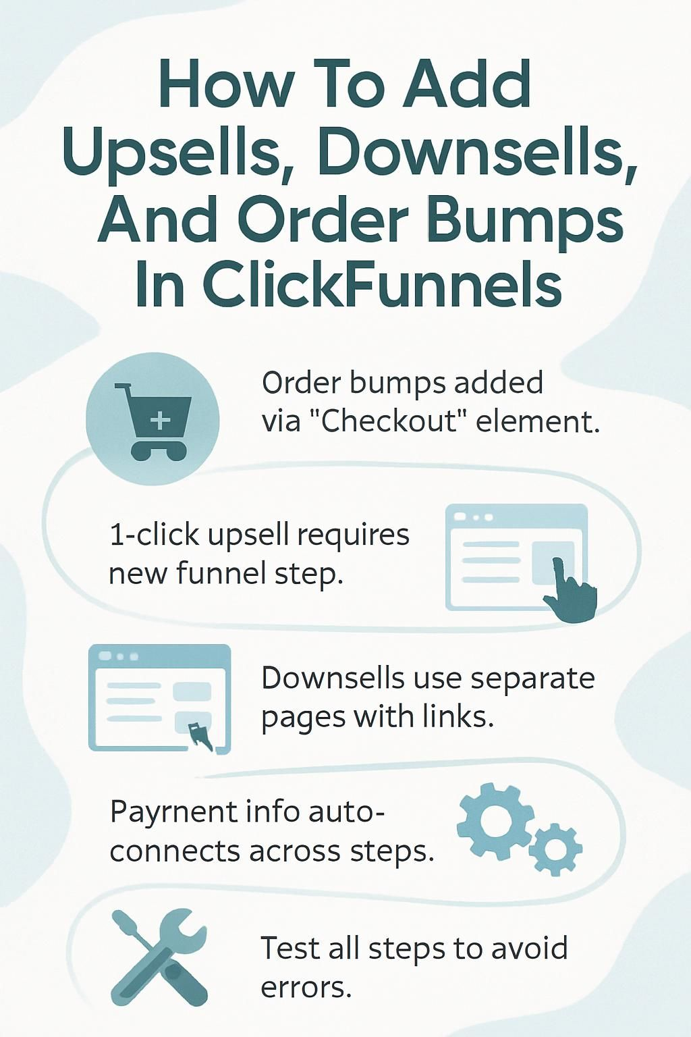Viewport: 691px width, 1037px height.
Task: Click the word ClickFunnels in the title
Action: click(x=381, y=284)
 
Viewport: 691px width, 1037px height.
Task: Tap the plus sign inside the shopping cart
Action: click(x=160, y=421)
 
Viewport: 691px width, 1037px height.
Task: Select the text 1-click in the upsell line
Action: click(x=154, y=535)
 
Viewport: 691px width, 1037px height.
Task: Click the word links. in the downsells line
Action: click(x=458, y=717)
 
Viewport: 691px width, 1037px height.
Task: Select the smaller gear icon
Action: click(x=555, y=848)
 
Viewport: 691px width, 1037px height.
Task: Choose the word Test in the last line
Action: click(x=289, y=948)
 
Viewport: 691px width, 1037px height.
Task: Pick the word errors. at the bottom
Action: click(x=306, y=988)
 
